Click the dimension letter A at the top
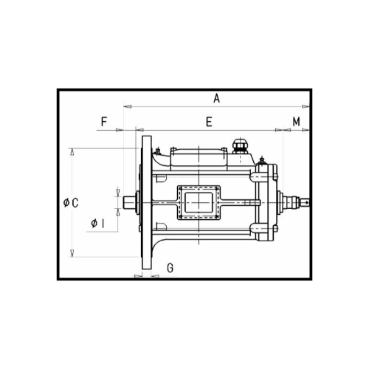[x=216, y=97]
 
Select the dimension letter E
[x=209, y=120]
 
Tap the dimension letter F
[x=104, y=120]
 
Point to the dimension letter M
[x=295, y=120]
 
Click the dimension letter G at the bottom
[x=170, y=268]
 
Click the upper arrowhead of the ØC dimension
[x=72, y=151]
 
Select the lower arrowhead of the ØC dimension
[x=72, y=253]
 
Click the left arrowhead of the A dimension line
[x=126, y=106]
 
